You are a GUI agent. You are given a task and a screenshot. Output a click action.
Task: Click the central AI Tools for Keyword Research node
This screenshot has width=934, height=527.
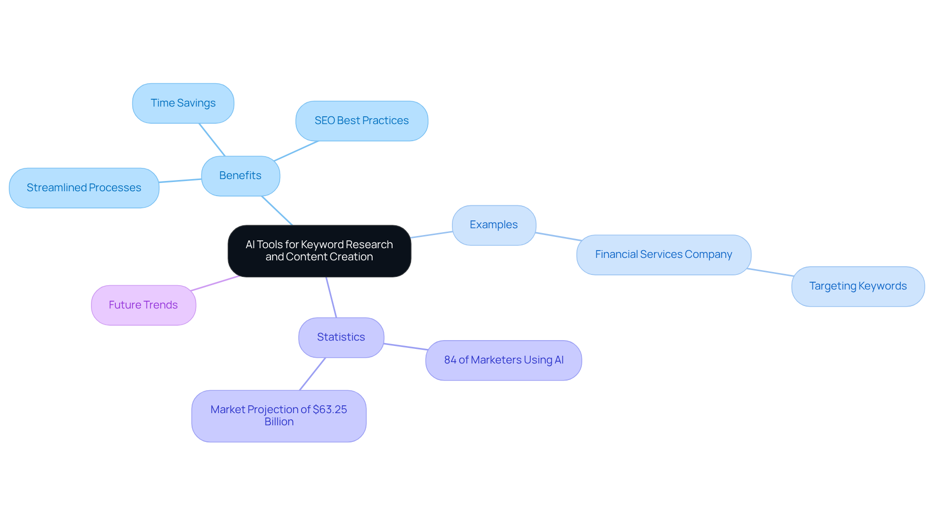click(x=319, y=251)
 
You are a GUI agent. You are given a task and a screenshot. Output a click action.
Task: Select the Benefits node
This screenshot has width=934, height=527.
click(x=240, y=176)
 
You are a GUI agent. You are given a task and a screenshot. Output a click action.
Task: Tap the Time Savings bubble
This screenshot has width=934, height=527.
click(x=183, y=103)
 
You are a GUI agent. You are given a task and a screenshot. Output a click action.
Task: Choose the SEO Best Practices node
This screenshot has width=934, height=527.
click(x=361, y=121)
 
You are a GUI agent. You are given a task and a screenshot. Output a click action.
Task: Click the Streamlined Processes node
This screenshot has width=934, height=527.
click(x=84, y=188)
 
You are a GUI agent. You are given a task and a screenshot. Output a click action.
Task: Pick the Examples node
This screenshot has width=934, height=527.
click(x=494, y=225)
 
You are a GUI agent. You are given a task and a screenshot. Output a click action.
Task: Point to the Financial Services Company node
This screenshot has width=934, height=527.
click(x=664, y=254)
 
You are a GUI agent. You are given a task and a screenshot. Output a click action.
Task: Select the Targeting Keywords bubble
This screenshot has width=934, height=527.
click(x=858, y=286)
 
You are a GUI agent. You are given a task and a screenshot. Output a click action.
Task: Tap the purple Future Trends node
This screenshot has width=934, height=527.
click(x=143, y=305)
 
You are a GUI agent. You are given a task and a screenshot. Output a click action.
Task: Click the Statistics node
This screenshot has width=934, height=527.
click(x=341, y=337)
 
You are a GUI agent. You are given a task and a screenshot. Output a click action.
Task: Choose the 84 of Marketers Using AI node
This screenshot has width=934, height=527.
click(x=503, y=360)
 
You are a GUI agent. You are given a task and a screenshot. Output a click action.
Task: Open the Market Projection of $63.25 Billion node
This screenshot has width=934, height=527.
click(x=279, y=416)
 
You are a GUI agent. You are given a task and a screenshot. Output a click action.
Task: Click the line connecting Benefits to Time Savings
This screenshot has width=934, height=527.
click(x=212, y=140)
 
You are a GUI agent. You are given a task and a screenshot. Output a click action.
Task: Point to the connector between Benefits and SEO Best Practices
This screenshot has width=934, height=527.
click(x=296, y=151)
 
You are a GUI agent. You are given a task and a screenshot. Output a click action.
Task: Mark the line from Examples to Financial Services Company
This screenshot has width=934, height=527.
click(x=558, y=236)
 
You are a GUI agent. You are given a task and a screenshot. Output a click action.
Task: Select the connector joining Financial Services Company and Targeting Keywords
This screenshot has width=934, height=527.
click(x=770, y=272)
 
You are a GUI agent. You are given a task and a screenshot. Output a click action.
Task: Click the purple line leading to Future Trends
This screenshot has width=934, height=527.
click(x=215, y=284)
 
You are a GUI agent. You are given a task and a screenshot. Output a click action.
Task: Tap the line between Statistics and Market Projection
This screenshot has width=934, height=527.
click(x=312, y=374)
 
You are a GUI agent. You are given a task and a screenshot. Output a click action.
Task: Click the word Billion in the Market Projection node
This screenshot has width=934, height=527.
click(x=279, y=422)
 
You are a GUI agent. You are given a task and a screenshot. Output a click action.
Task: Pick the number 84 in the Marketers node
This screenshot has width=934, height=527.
click(x=450, y=360)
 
